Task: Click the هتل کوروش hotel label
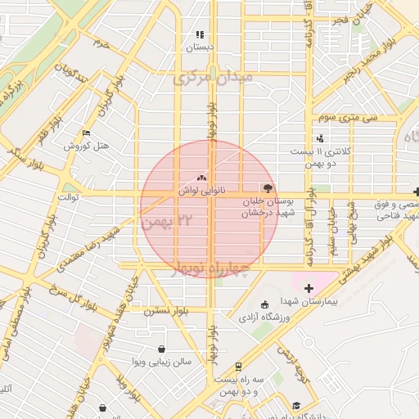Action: click(82, 146)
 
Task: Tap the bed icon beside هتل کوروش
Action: click(87, 133)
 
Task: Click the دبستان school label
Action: click(199, 47)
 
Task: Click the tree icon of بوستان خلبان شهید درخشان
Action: click(266, 187)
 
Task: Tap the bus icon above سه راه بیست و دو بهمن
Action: click(238, 367)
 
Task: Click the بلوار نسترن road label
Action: click(166, 311)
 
